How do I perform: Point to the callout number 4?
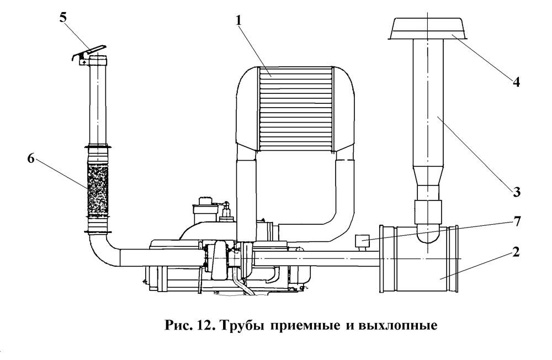515,82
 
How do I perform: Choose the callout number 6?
31,158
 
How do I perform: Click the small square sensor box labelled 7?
363,241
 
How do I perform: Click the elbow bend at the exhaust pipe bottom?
102,253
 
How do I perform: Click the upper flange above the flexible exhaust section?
98,147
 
